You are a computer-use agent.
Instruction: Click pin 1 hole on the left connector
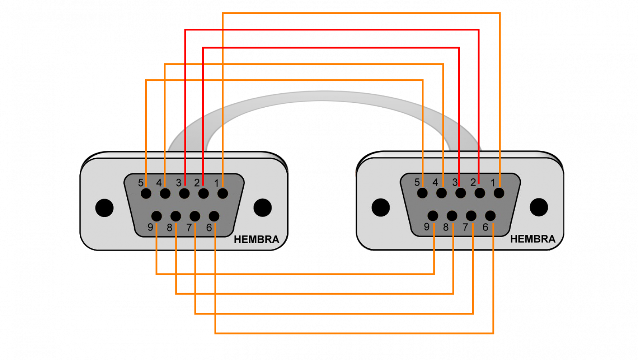point(223,193)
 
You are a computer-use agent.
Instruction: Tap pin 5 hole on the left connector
point(146,193)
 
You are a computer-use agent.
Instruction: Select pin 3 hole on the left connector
point(184,193)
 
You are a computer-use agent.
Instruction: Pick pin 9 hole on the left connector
point(157,216)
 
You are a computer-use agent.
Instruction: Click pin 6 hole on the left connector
point(214,216)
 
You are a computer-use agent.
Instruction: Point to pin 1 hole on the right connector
point(499,193)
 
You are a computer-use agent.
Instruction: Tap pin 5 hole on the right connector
point(422,193)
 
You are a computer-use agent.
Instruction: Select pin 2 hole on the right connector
point(480,193)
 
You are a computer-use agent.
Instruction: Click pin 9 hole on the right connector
point(433,216)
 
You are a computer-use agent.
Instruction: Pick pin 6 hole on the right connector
point(490,216)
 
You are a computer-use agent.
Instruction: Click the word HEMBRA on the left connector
point(256,240)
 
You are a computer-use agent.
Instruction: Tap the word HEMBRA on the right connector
point(533,239)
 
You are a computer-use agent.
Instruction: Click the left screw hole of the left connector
point(104,208)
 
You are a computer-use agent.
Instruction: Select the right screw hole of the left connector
point(263,208)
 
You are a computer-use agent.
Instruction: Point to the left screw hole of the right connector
point(381,207)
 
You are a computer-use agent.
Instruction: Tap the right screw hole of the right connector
point(539,207)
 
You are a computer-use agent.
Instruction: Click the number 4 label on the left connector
point(159,183)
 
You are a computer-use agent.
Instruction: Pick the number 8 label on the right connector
point(446,227)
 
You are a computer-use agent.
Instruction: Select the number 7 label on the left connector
point(189,228)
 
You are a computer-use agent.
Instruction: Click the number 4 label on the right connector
point(435,182)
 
